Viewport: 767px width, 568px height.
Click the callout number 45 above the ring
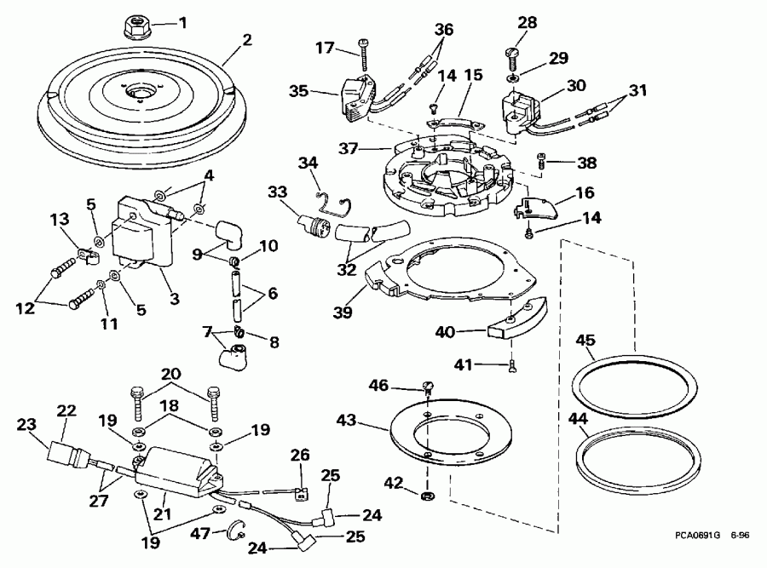pos(585,340)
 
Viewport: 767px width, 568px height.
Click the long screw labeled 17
pos(365,55)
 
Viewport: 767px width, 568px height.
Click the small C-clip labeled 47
pos(233,535)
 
